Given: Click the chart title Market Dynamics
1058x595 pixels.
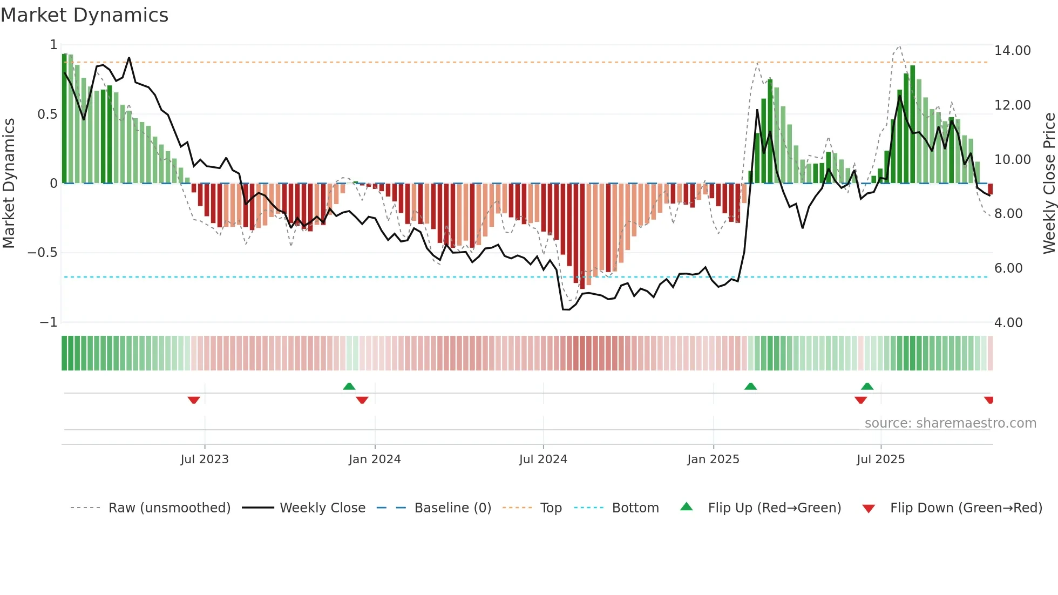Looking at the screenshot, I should point(84,15).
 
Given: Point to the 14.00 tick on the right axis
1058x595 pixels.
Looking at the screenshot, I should point(1012,51).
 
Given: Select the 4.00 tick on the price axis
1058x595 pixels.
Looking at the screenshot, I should point(1008,322).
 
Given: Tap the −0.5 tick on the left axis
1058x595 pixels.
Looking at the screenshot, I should point(43,253).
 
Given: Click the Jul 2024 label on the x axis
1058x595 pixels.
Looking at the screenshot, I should point(543,459).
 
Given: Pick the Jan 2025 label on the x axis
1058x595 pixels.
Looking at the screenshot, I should point(713,459).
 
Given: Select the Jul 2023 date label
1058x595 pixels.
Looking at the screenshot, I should point(205,459).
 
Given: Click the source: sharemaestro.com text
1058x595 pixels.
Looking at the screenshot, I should point(950,423).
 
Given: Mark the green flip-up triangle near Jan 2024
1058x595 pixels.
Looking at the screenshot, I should point(349,386).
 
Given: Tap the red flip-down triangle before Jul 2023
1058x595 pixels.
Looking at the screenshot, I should point(194,400).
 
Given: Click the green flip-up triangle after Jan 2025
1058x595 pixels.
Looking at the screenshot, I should point(750,386).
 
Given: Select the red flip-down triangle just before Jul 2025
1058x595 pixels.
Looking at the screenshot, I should point(860,400).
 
